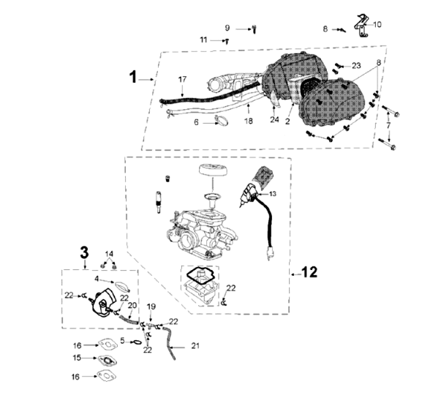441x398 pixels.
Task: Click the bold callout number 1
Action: tap(133, 76)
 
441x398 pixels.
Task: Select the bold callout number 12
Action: tap(309, 272)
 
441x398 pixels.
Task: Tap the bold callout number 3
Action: tap(84, 252)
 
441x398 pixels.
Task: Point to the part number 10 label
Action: tap(377, 24)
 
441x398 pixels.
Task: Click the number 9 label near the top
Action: tap(227, 28)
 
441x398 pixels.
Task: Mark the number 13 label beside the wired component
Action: tap(272, 195)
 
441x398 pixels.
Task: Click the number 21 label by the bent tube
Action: tap(195, 345)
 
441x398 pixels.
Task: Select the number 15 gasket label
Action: tap(76, 358)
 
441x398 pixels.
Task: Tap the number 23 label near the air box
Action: tap(356, 66)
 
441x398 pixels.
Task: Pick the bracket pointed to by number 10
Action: tap(361, 27)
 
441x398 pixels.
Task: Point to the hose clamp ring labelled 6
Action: tap(222, 122)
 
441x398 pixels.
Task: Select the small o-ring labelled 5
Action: tap(137, 341)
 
